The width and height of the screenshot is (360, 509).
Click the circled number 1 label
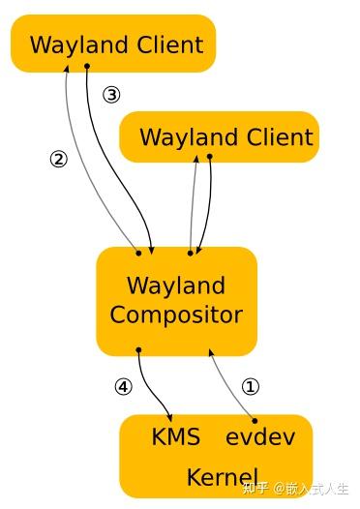click(x=251, y=387)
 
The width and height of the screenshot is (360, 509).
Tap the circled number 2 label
click(x=59, y=160)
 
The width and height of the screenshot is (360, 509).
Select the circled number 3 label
click(x=112, y=95)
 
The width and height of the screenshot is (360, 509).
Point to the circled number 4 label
click(x=123, y=387)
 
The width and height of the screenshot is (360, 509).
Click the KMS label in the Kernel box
click(x=176, y=436)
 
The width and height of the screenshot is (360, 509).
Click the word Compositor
click(x=176, y=314)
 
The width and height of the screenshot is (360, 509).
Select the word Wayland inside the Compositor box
click(x=176, y=285)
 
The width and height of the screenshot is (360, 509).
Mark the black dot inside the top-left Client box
click(x=87, y=66)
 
